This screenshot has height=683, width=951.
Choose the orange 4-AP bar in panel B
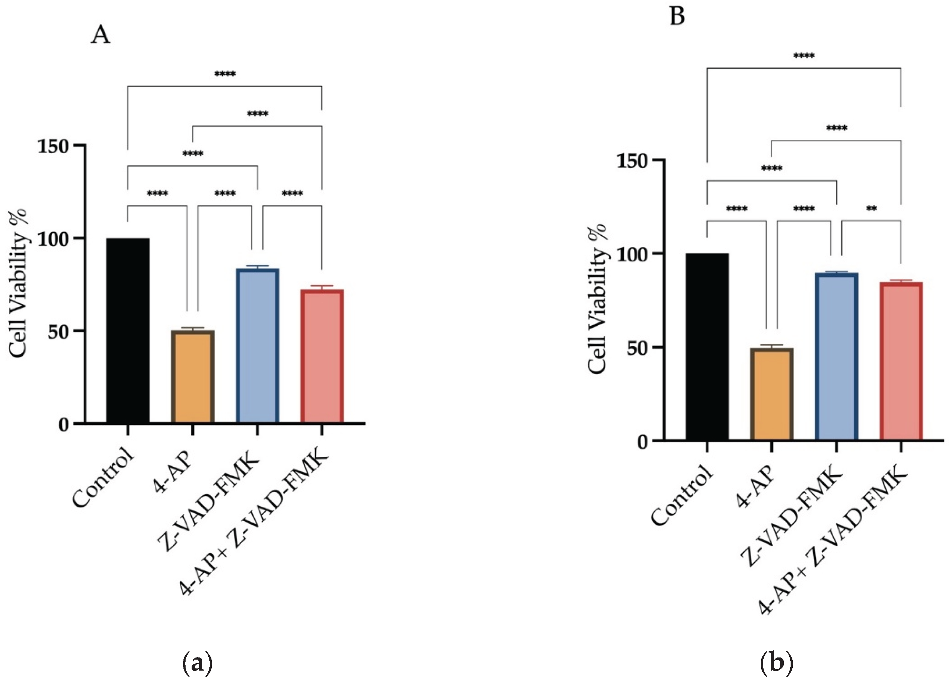[x=771, y=394]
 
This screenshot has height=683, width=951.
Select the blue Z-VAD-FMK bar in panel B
[x=836, y=356]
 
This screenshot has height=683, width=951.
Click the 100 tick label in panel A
[x=54, y=239]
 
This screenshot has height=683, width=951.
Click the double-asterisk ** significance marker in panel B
[x=871, y=209]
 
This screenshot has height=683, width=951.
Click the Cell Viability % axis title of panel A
[x=19, y=285]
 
